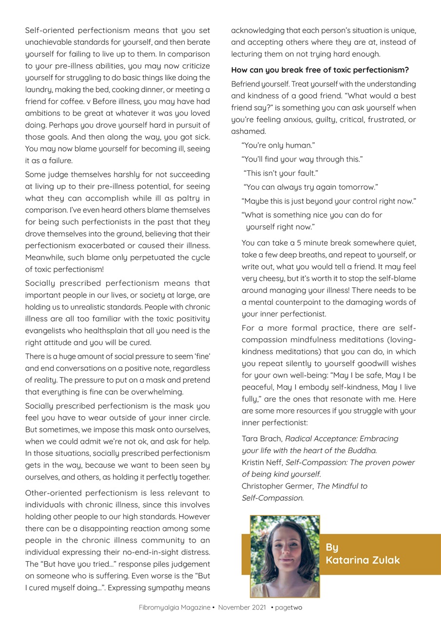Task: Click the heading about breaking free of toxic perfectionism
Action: point(320,70)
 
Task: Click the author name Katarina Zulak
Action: point(363,560)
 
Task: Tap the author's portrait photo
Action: point(285,556)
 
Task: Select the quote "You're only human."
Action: point(278,146)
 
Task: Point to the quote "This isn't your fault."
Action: point(281,173)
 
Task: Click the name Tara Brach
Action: point(261,439)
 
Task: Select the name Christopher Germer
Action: point(277,486)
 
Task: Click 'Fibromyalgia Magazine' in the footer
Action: point(174,607)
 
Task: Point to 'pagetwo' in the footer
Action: point(288,607)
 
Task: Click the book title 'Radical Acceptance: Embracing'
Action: point(342,439)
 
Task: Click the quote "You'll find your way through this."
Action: point(302,159)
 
